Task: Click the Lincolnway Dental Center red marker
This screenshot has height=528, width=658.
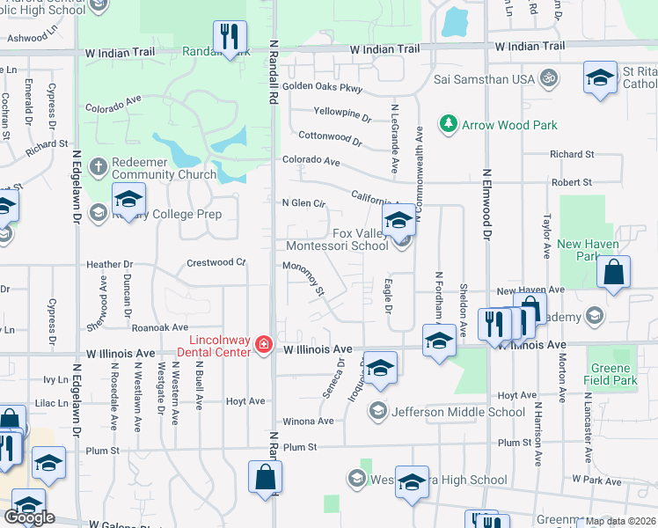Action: pos(263,342)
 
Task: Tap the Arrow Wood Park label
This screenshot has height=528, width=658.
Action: pos(510,125)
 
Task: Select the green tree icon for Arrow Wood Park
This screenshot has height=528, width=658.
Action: pos(449,124)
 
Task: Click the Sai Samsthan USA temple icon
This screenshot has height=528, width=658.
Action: pos(549,78)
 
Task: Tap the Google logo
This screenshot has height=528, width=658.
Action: pos(29,517)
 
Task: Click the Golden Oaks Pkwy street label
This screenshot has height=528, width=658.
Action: pos(322,87)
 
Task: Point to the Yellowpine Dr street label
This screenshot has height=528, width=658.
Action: pos(342,113)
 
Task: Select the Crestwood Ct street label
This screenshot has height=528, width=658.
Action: pos(216,262)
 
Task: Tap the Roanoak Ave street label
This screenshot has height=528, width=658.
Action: pos(161,327)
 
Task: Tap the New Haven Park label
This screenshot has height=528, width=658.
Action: pos(588,250)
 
